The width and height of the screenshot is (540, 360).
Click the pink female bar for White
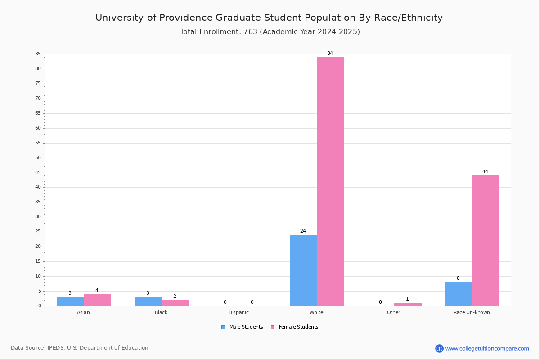click(330, 181)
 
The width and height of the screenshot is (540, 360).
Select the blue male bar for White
click(303, 270)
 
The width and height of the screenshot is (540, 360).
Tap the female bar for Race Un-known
click(486, 241)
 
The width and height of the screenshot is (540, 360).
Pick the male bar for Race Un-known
click(459, 294)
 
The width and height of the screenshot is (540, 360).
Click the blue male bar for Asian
click(70, 301)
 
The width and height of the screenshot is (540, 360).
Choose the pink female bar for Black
click(175, 303)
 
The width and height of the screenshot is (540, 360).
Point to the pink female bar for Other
click(408, 305)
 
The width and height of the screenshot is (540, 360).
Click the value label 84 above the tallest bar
click(330, 53)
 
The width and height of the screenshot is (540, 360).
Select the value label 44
click(485, 172)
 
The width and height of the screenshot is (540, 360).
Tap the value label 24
click(303, 231)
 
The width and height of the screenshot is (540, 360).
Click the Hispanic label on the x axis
click(238, 312)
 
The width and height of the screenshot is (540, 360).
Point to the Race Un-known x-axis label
click(472, 312)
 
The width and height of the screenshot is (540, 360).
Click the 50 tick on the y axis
click(38, 158)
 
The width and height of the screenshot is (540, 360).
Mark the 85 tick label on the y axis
click(38, 54)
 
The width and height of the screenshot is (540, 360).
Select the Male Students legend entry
click(242, 327)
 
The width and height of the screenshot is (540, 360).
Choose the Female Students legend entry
click(295, 327)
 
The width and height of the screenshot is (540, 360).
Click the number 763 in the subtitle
click(251, 32)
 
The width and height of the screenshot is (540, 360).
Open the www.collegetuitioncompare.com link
click(487, 348)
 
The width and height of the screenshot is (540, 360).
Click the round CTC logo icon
click(439, 348)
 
